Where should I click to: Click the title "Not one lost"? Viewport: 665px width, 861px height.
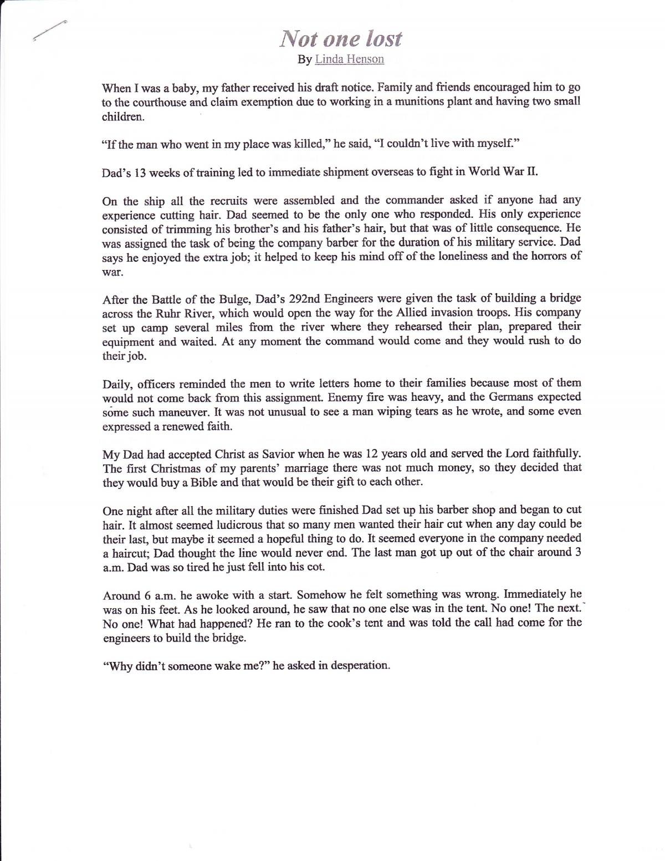(340, 38)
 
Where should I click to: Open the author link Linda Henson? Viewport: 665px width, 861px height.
(349, 59)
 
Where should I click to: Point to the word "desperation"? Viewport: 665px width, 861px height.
(360, 665)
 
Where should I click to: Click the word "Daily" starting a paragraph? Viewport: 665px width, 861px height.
(116, 384)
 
